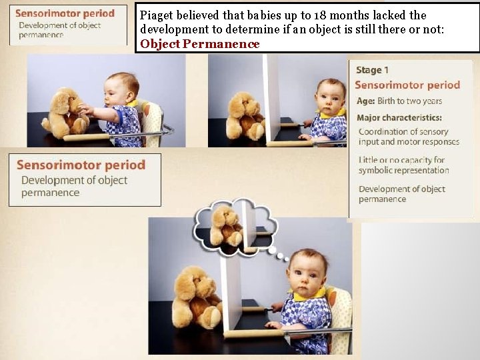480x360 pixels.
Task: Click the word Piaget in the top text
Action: click(155, 15)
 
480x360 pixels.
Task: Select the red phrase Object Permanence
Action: click(200, 44)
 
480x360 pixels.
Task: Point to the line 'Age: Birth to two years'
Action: click(399, 101)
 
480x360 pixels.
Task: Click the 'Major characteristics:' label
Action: click(399, 118)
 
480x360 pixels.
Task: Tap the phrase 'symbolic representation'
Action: click(403, 170)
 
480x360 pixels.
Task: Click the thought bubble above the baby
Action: click(235, 227)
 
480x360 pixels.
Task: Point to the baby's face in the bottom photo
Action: click(305, 275)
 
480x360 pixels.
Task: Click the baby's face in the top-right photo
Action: click(329, 98)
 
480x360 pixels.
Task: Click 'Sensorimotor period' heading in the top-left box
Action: click(65, 13)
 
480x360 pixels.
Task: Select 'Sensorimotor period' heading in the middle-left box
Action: click(81, 165)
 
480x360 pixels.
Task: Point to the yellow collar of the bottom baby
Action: click(313, 294)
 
